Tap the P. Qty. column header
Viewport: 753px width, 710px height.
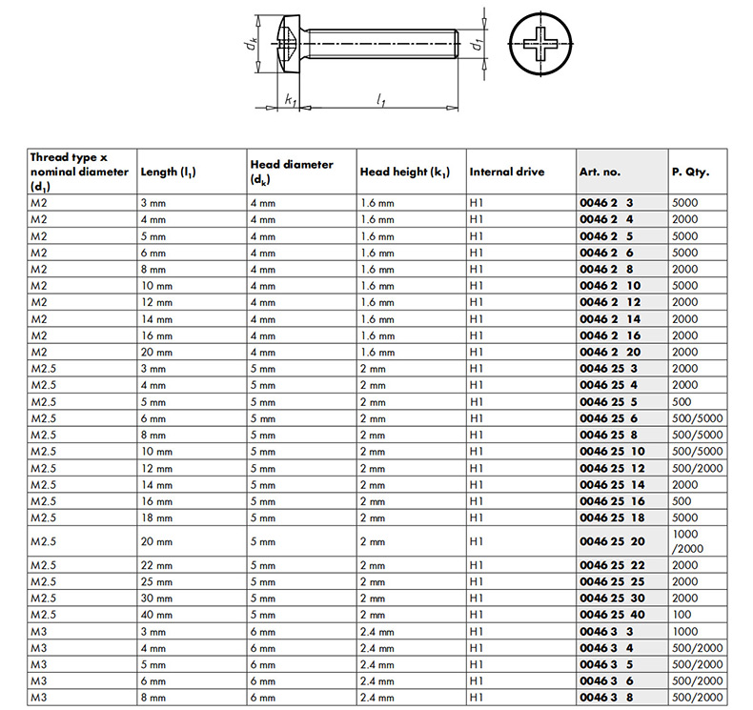click(x=691, y=172)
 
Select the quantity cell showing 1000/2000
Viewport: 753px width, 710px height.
click(x=686, y=541)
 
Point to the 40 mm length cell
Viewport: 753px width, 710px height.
click(x=156, y=615)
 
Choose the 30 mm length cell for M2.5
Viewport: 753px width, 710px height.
click(x=156, y=598)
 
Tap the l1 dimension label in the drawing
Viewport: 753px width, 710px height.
click(x=381, y=99)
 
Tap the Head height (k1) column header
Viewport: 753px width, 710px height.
click(x=404, y=172)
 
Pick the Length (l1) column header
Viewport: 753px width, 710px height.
click(x=175, y=172)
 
